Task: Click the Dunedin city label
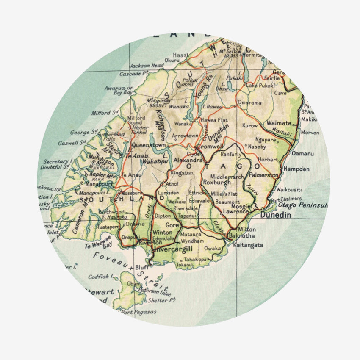click(x=276, y=215)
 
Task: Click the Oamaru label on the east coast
click(x=303, y=153)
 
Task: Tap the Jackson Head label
click(x=147, y=66)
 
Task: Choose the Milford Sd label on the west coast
click(x=104, y=113)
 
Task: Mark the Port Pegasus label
click(x=139, y=312)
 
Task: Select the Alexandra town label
click(x=188, y=161)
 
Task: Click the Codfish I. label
click(x=101, y=277)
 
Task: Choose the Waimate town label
click(x=279, y=123)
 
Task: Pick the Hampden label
click(x=296, y=169)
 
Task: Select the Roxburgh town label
click(x=217, y=183)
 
